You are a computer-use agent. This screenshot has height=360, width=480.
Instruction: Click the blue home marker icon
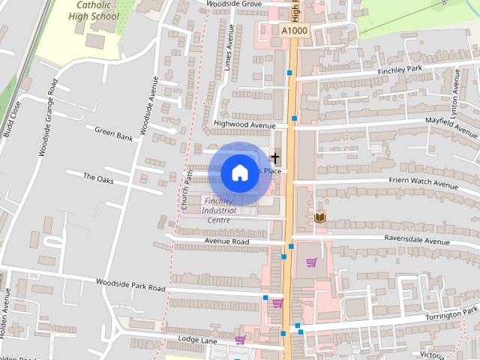coord(238,172)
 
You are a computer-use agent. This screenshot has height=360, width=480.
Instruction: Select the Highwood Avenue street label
coord(244,124)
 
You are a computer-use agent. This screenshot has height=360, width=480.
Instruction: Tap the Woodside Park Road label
coord(130,284)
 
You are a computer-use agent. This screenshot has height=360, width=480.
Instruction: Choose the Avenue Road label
coord(226,241)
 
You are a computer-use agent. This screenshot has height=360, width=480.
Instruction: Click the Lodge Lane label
coord(197,339)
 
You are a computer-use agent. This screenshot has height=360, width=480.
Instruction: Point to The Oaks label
coord(98,178)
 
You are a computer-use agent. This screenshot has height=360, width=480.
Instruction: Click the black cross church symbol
coord(275,157)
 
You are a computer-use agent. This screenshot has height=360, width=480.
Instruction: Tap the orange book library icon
coord(320,217)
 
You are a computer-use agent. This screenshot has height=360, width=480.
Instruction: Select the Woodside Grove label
coord(235,4)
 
